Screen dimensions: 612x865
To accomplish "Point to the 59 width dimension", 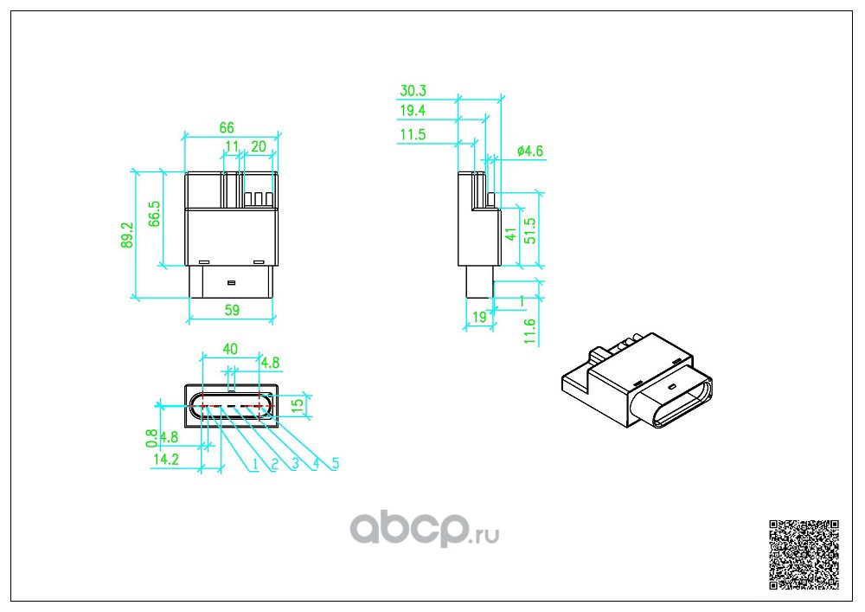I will pyautogui.click(x=231, y=309).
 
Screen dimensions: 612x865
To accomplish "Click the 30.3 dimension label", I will pyautogui.click(x=413, y=91).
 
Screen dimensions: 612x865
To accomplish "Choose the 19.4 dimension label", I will pyautogui.click(x=413, y=111).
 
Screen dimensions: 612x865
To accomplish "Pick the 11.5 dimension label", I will pyautogui.click(x=413, y=134).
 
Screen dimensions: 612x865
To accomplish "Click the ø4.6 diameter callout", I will pyautogui.click(x=529, y=151).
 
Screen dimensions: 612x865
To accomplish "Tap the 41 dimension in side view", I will pyautogui.click(x=510, y=235).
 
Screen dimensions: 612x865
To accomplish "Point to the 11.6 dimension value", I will pyautogui.click(x=530, y=331).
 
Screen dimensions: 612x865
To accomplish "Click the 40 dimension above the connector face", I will pyautogui.click(x=230, y=349).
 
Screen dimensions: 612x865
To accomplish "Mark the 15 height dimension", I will pyautogui.click(x=297, y=404).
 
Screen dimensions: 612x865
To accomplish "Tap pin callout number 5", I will pyautogui.click(x=335, y=464).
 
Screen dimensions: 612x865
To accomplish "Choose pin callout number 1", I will pyautogui.click(x=255, y=465).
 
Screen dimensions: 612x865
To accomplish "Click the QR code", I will pyautogui.click(x=804, y=554).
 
